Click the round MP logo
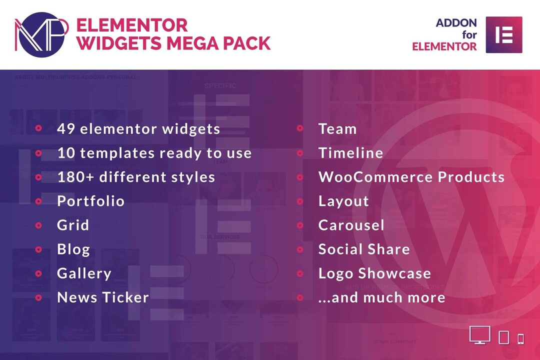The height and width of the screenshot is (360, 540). pos(41,34)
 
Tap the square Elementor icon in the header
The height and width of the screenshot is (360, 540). pos(504,34)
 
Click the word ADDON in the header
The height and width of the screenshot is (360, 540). pos(456,23)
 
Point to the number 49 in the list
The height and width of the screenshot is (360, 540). pos(66,129)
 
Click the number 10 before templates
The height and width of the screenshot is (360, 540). pos(65,153)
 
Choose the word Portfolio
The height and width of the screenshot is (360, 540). pos(90,201)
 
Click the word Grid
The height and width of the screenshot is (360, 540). pos(73,225)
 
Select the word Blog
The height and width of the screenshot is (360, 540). pos(73,249)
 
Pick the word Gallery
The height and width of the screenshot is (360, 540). pos(84,273)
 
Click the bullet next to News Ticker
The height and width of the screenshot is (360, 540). pos(38,297)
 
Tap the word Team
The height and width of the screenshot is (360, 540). pos(337,129)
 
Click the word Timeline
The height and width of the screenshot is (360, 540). pos(350,153)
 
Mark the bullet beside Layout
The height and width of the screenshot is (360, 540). pos(300,201)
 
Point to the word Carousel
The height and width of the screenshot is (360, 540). pos(351,225)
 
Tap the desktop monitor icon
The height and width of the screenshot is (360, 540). pos(480,335)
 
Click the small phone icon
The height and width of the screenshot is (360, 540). pos(520,338)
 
